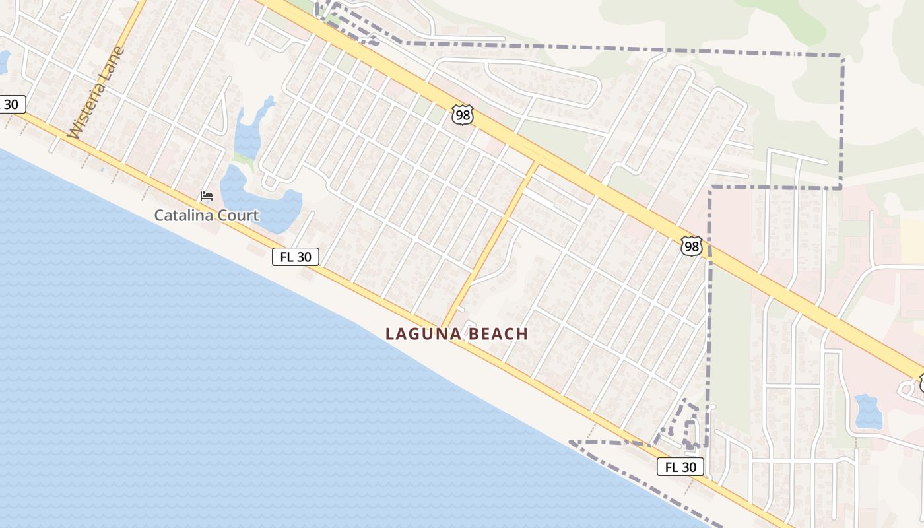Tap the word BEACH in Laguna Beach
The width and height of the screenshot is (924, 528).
click(498, 334)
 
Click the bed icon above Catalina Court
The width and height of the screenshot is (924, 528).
click(207, 196)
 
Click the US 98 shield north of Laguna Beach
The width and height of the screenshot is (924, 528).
click(463, 115)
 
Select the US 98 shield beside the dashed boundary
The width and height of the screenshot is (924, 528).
click(690, 247)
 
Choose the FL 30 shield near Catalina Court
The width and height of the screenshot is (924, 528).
click(295, 257)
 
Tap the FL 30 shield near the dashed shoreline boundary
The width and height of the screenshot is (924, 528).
click(680, 467)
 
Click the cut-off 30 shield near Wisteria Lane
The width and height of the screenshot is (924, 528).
click(11, 104)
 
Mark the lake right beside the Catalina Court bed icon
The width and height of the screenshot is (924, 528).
click(261, 198)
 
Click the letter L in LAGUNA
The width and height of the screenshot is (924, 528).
click(389, 334)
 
